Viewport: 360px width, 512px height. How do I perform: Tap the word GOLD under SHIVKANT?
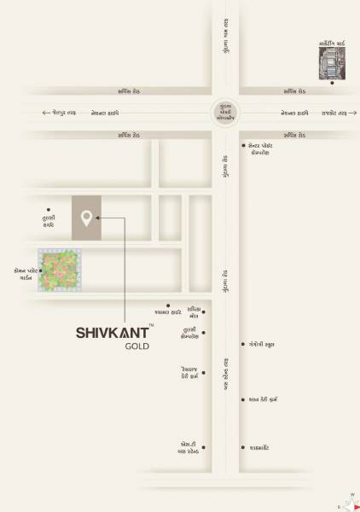pos(137,347)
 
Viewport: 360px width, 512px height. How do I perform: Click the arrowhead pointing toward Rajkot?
pos(353,113)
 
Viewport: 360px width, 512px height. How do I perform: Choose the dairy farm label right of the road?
pos(264,399)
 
